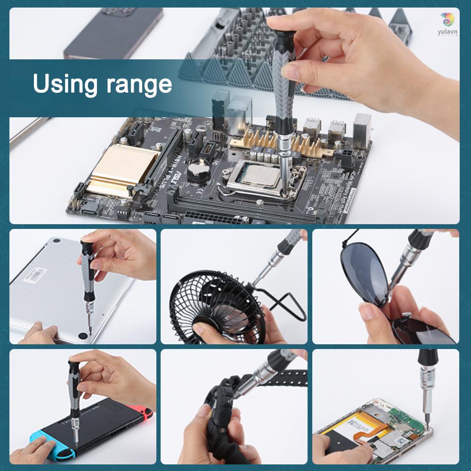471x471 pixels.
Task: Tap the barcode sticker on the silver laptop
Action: coord(35,274)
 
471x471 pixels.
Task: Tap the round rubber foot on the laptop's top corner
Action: coord(56,240)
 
